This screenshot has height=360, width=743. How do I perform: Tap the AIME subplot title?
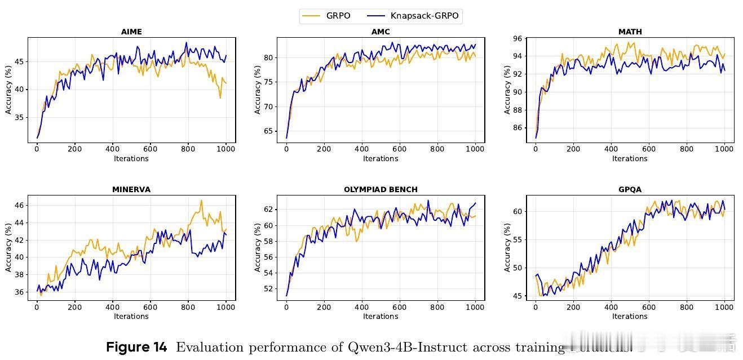131,32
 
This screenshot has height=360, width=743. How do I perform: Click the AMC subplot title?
381,32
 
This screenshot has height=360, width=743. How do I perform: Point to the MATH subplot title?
630,32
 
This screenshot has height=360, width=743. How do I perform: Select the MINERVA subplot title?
131,190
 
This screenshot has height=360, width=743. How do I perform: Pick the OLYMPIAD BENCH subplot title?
381,190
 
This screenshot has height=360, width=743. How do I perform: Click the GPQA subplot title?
630,190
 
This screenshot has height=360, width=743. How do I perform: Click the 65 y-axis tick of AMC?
268,131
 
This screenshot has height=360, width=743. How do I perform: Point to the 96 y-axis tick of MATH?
517,38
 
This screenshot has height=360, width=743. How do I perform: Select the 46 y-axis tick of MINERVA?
19,206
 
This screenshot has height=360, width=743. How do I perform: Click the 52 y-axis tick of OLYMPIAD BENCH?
268,289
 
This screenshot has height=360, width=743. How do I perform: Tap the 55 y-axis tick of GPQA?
517,240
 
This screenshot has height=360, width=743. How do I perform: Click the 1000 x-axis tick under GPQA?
724,307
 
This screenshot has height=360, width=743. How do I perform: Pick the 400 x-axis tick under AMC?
361,149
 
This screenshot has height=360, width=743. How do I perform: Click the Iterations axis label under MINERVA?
131,316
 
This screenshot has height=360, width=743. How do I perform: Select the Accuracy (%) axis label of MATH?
507,90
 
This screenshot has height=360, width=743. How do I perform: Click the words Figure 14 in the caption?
136,348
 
